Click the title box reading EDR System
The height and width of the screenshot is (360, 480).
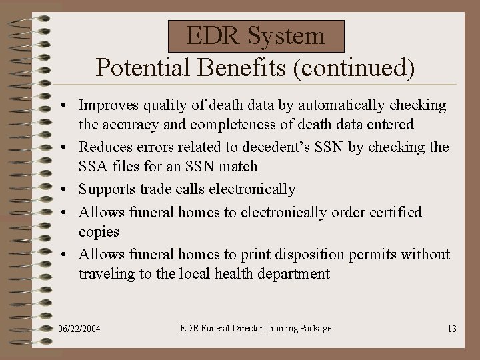tap(255, 36)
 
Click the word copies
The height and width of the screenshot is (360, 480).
tap(99, 231)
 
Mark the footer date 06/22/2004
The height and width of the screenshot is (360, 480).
tap(81, 329)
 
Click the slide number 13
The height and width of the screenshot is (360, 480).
tap(451, 329)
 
